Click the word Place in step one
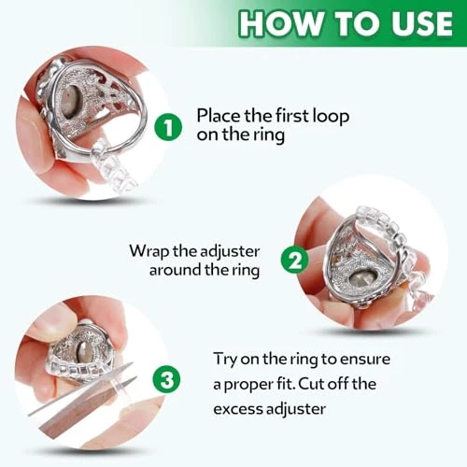[216, 116]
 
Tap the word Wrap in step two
[150, 250]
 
